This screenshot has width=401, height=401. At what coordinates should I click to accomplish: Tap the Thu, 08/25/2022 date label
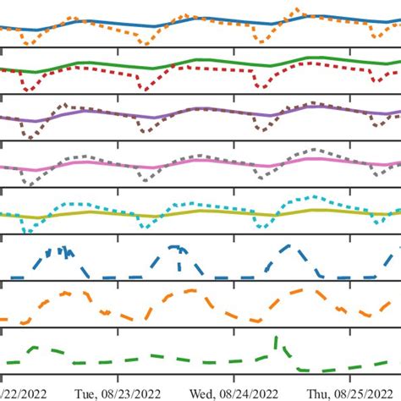tap(347, 393)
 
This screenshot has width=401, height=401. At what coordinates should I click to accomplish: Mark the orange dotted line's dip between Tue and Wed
tap(147, 43)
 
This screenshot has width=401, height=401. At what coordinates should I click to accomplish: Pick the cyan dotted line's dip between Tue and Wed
tap(148, 225)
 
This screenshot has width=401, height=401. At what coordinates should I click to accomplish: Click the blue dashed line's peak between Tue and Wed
tap(176, 246)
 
